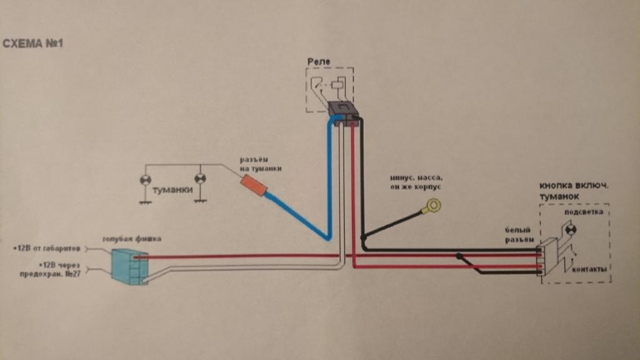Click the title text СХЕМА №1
tap(34, 44)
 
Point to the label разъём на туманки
tap(261, 164)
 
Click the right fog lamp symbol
tap(200, 179)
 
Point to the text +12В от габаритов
tap(47, 249)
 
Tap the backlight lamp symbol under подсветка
tap(570, 229)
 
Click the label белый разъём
tap(521, 235)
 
